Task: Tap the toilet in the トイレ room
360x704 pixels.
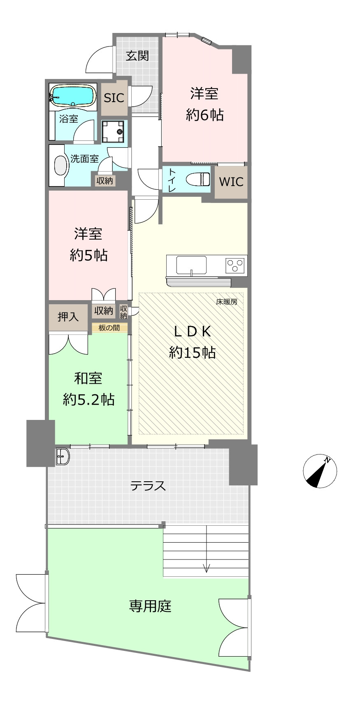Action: [198, 179]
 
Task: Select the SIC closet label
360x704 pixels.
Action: [114, 98]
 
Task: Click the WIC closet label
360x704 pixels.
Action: [231, 182]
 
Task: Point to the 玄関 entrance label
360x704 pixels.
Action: [137, 56]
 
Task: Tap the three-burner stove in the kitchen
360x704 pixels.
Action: [235, 266]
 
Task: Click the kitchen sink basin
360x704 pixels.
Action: [191, 265]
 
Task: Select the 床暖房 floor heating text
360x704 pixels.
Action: [227, 302]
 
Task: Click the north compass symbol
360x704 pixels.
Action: [320, 471]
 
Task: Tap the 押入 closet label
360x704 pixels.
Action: [68, 317]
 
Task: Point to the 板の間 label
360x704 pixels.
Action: [109, 328]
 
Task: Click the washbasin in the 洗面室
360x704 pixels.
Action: [61, 166]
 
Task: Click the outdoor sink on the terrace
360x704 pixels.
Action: [63, 456]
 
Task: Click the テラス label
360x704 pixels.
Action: [148, 486]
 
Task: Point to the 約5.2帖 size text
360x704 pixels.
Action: [88, 400]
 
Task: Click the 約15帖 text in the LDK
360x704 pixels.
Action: [192, 352]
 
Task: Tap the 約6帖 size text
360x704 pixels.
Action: [205, 115]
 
